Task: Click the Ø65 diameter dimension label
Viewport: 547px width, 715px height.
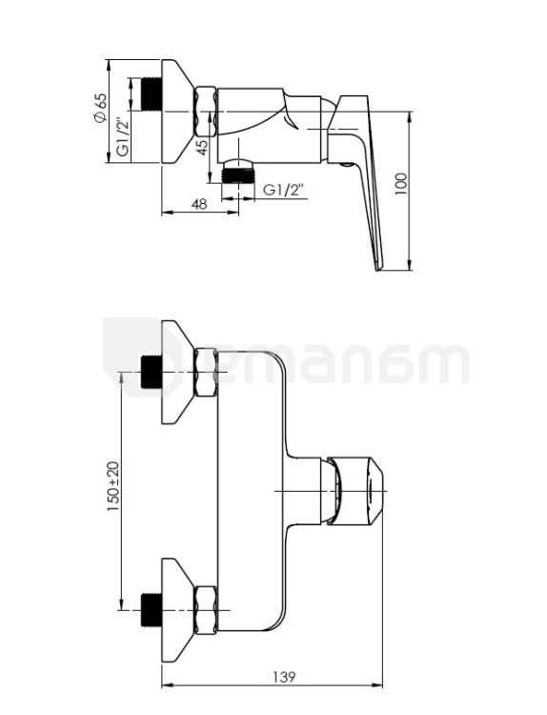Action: [100, 108]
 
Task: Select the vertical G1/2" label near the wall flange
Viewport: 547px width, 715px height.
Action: [122, 136]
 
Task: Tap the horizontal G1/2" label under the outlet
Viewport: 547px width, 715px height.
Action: [283, 190]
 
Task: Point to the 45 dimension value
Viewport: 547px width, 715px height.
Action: [202, 147]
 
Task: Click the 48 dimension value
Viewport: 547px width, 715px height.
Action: [199, 204]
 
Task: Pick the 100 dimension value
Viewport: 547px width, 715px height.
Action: [400, 184]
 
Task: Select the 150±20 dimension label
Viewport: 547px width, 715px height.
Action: [113, 486]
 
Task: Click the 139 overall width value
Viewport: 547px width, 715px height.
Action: [284, 677]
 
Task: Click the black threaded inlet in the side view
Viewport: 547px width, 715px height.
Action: [152, 94]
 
